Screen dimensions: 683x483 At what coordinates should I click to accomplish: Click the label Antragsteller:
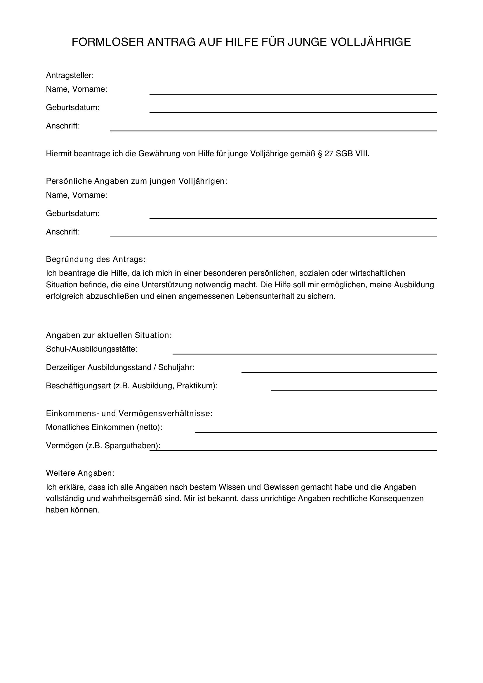point(70,76)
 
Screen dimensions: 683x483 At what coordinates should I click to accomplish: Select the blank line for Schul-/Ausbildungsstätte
point(304,353)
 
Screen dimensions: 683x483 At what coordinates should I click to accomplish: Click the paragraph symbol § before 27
point(320,154)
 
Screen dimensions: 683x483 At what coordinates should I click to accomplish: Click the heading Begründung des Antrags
point(96,259)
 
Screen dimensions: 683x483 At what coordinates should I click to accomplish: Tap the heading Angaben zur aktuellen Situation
point(109,335)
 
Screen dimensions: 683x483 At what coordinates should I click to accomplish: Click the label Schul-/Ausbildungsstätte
point(92,349)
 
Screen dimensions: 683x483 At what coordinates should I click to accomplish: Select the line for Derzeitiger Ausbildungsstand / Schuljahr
point(339,372)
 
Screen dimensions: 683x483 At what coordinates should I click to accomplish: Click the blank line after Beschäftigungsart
point(354,390)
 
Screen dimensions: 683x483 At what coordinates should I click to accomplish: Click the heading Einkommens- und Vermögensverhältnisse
point(129,413)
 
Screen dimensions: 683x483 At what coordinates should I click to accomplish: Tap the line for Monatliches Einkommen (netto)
point(316,432)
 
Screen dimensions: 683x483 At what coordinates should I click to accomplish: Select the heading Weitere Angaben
point(80,473)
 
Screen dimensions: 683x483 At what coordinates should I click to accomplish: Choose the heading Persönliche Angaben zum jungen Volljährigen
point(136,181)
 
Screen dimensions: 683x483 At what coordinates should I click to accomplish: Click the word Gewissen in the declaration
point(281,487)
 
